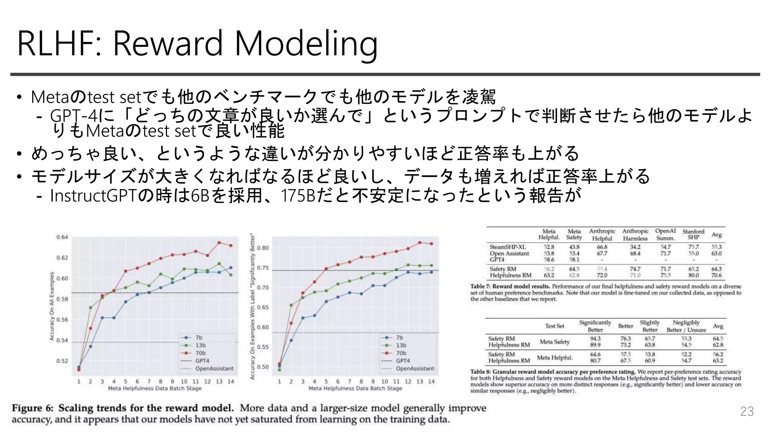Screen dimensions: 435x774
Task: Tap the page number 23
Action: coord(747,411)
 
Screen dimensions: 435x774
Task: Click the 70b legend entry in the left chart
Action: coord(200,353)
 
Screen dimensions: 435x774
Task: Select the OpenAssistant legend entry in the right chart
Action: coord(415,369)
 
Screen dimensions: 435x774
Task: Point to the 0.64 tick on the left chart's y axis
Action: coord(62,237)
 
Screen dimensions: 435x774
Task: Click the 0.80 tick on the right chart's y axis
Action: coord(263,248)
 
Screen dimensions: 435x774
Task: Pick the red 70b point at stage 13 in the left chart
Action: coord(219,242)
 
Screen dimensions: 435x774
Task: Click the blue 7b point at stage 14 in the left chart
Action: coord(231,268)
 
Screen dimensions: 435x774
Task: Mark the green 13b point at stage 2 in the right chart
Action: coord(291,305)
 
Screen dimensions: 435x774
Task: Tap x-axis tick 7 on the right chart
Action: coord(350,381)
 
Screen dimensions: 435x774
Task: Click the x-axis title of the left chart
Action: coord(155,388)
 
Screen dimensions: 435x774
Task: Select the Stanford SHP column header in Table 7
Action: coord(693,234)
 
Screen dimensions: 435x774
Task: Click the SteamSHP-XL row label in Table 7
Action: coord(508,247)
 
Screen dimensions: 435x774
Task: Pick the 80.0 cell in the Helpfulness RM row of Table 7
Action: coord(693,275)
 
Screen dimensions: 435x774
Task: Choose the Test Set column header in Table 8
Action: coord(554,326)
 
